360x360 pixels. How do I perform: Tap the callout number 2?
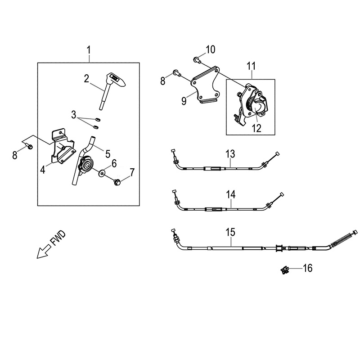click(x=86, y=79)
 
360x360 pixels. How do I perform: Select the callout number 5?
click(x=108, y=153)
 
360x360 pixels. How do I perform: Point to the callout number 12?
click(x=256, y=129)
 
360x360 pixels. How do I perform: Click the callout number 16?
click(x=307, y=269)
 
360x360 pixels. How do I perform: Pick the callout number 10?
click(x=211, y=49)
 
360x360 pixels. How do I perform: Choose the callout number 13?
click(x=230, y=154)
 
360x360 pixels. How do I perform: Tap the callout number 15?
click(x=230, y=233)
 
